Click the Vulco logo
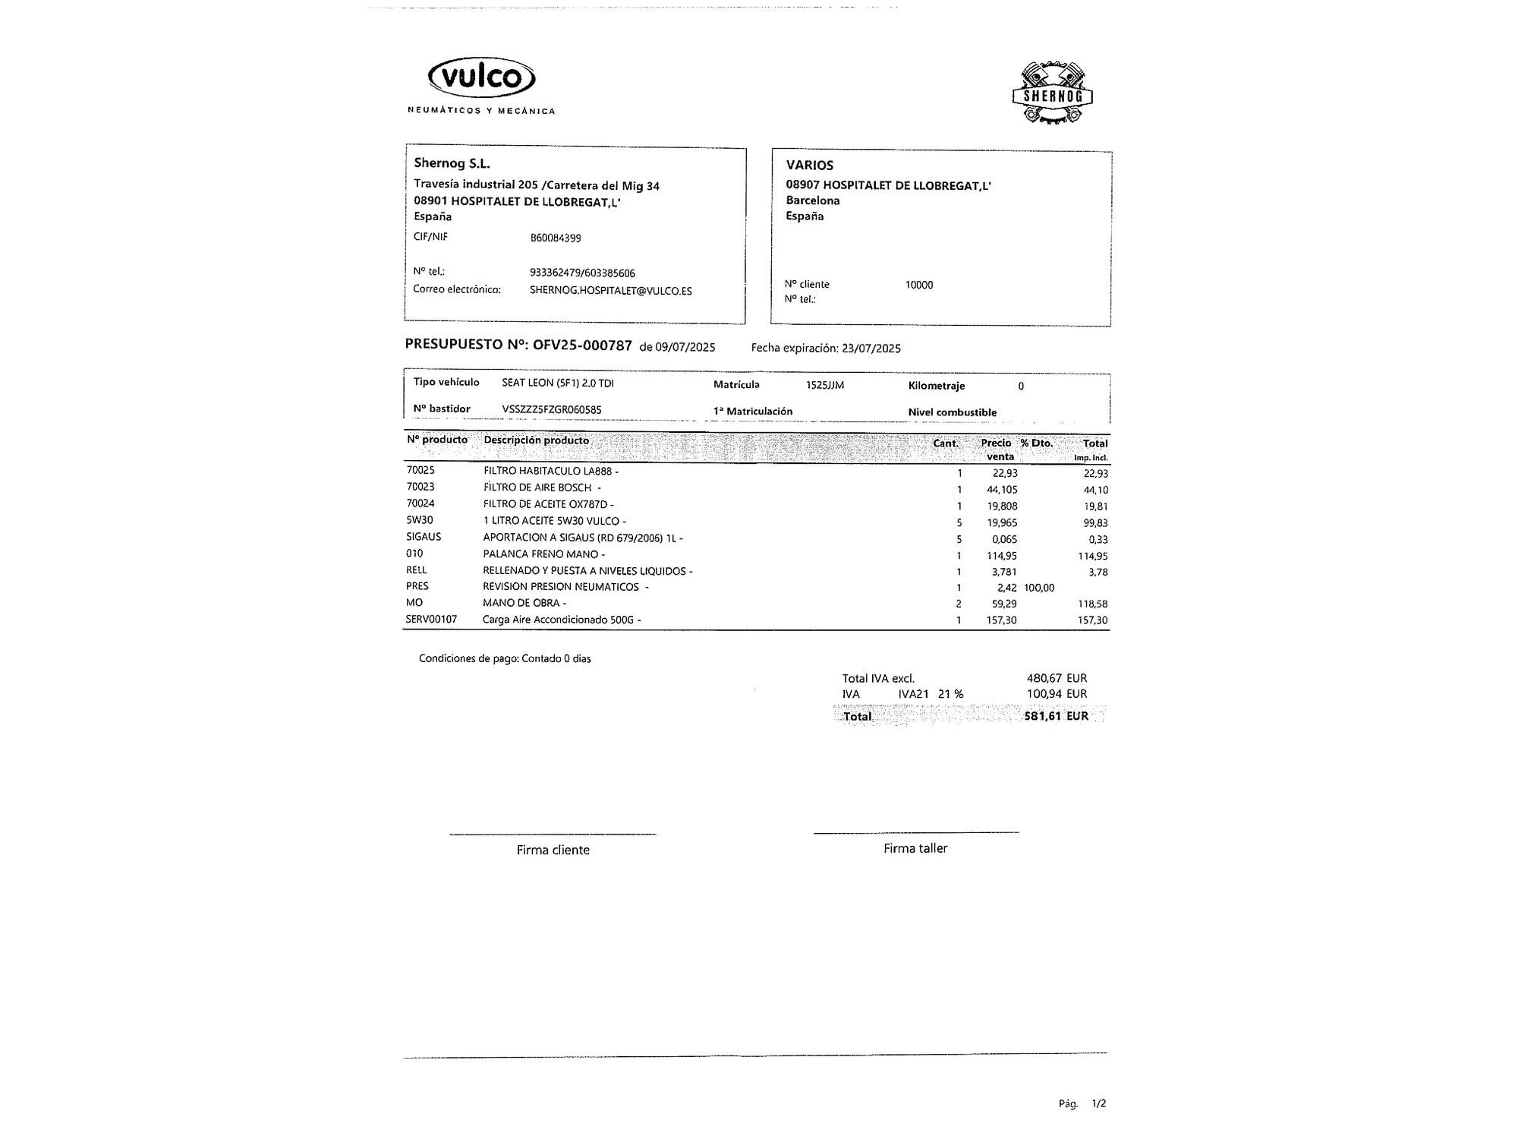pos(482,78)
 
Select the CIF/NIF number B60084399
pos(556,238)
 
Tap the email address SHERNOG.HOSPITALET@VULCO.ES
pos(610,291)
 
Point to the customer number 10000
pos(919,285)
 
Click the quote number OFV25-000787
pos(582,345)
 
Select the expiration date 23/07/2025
pos(871,349)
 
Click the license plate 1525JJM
pos(825,386)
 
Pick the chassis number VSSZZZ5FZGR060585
pos(552,410)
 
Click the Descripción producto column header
pos(536,440)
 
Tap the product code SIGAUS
pos(424,537)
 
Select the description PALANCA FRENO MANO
pos(540,554)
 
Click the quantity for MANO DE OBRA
pos(959,604)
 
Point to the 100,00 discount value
pos(1039,588)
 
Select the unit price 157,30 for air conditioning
pos(1002,620)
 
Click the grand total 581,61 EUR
pos(1056,716)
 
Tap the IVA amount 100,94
pos(1044,694)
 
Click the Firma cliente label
pos(553,850)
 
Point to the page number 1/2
pos(1098,1103)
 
